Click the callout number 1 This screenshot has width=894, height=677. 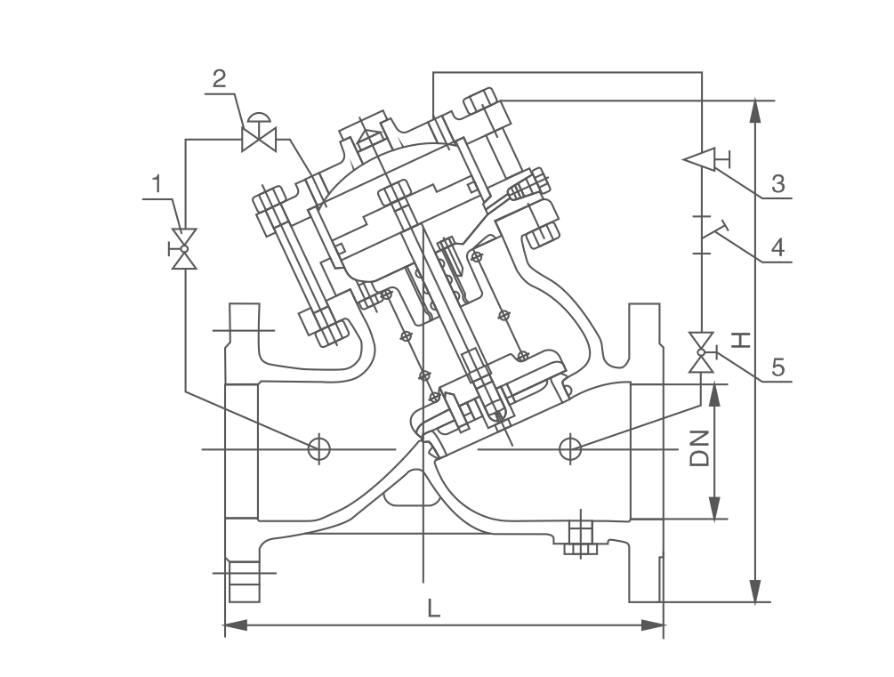tap(157, 184)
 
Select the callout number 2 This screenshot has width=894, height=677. tap(220, 77)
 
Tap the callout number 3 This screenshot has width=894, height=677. tap(777, 184)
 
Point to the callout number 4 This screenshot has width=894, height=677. tap(777, 247)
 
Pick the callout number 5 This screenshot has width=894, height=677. tap(777, 367)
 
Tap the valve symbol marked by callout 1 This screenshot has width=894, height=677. tap(185, 248)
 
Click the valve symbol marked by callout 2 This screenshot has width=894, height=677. tap(259, 138)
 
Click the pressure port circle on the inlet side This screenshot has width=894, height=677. tap(318, 448)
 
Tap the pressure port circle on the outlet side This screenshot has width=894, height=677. tap(569, 448)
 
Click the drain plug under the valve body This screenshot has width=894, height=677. tap(579, 536)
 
